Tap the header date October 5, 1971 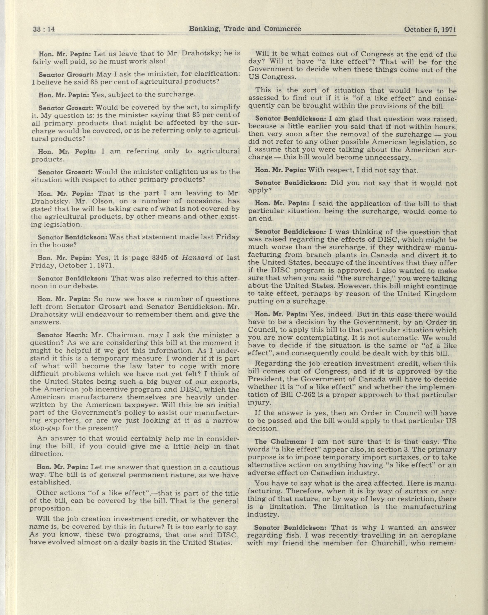430,29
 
